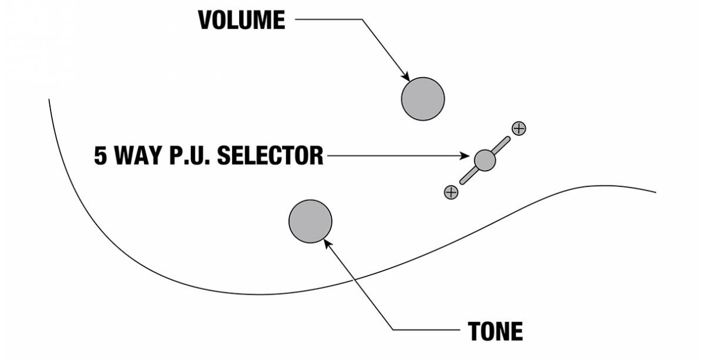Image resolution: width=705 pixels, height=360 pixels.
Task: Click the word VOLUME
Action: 241,20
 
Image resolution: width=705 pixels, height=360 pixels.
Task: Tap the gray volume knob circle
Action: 423,99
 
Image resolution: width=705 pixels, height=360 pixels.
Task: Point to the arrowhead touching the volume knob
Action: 405,77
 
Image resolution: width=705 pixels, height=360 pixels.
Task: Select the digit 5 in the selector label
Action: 101,156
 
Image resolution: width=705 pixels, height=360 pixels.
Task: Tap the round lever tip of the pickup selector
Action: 485,159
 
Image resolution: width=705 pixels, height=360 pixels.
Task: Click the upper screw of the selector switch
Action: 519,128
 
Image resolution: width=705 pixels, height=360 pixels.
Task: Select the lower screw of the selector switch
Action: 451,192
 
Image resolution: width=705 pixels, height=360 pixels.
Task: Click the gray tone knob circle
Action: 310,221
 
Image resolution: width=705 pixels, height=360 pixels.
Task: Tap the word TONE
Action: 495,332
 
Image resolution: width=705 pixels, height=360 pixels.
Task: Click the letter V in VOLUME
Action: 206,20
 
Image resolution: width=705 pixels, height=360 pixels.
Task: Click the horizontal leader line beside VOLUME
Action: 329,20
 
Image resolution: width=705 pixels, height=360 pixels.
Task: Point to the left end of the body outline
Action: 49,100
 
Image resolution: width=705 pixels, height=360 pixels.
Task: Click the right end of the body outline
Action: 655,192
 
